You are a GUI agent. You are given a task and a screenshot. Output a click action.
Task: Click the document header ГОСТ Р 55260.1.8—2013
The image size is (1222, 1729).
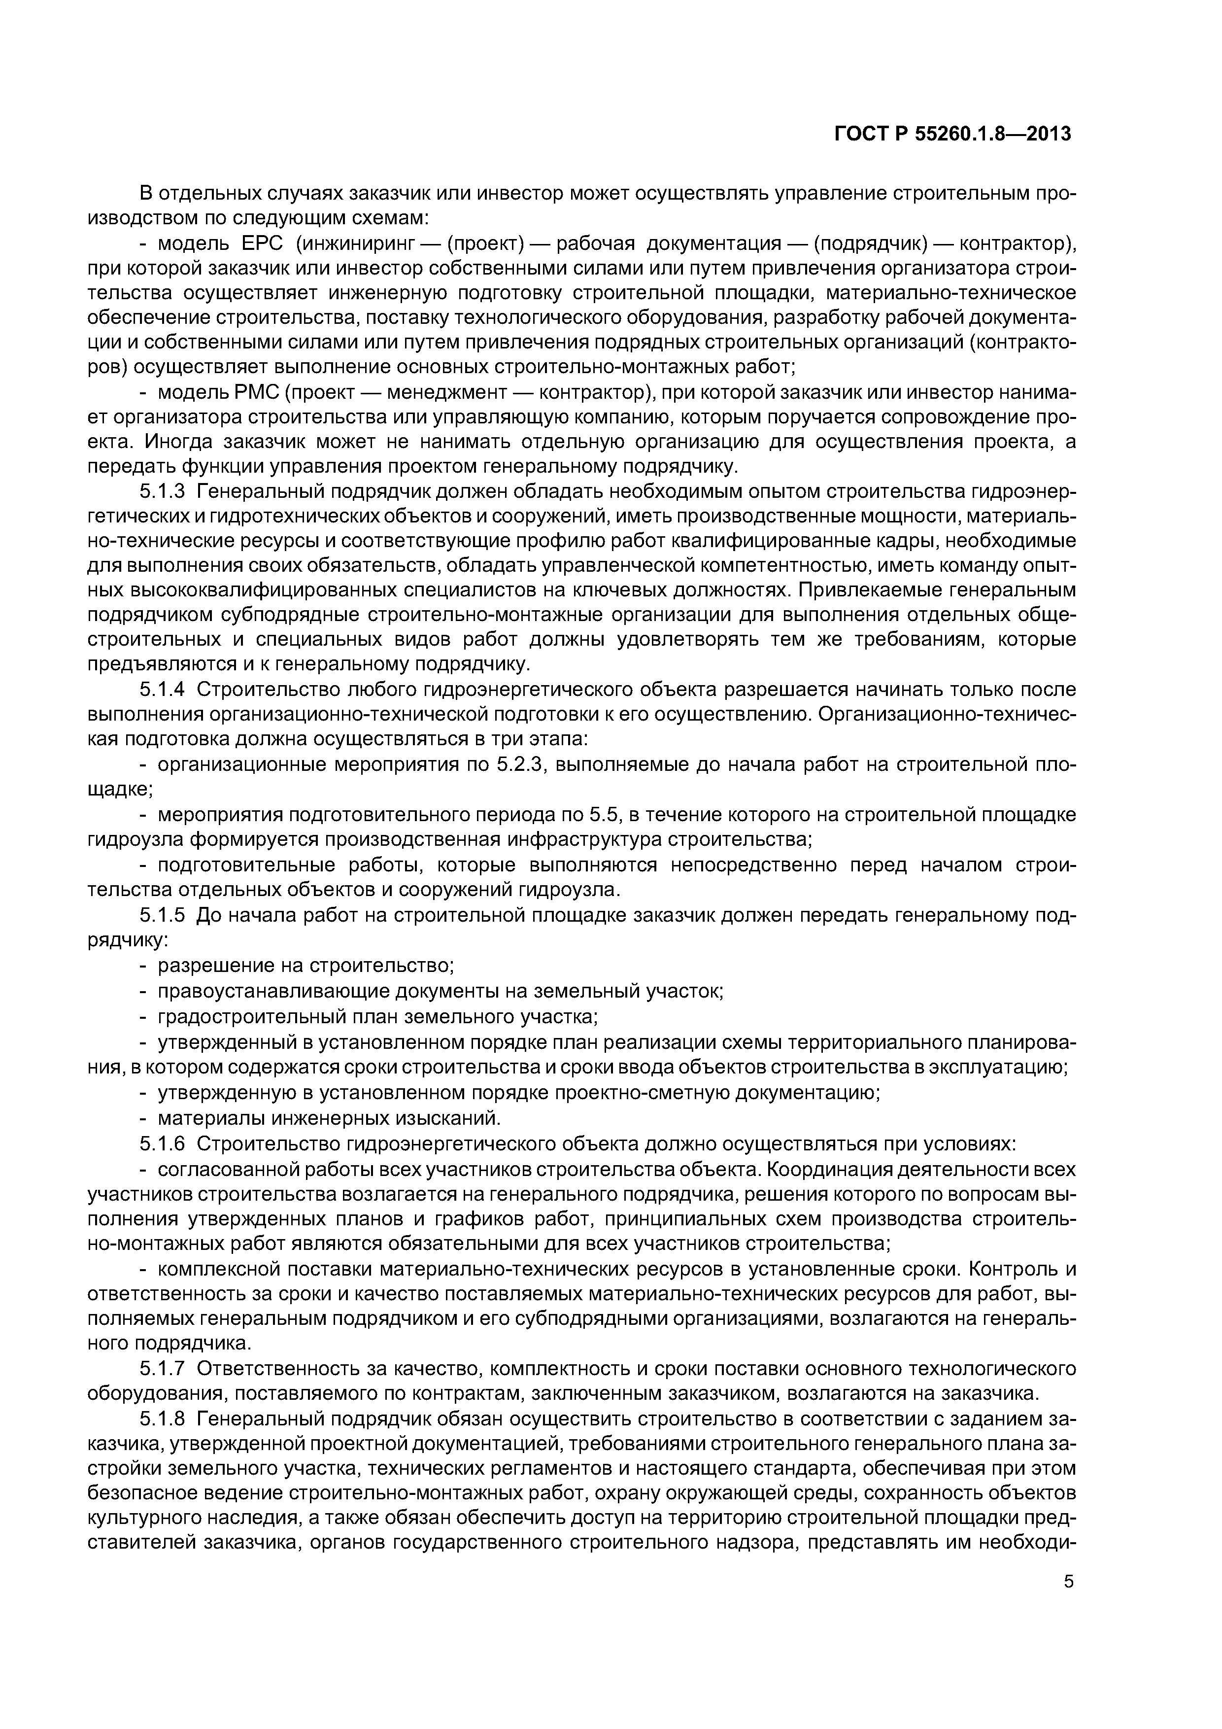(x=952, y=134)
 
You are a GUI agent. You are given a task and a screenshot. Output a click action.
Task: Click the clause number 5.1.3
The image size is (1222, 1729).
(x=162, y=492)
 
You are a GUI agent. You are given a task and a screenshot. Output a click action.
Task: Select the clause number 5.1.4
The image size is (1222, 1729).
(x=162, y=690)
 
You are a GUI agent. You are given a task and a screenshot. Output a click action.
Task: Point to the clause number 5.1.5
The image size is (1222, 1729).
(x=162, y=916)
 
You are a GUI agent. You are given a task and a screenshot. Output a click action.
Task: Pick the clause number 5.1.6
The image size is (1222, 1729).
(x=162, y=1144)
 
